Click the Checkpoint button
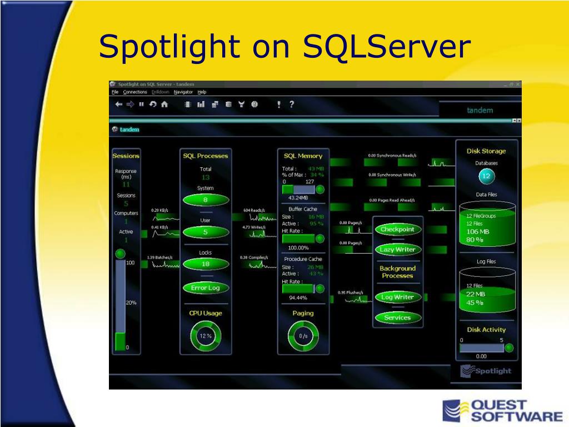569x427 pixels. (x=397, y=229)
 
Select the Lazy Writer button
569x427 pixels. (x=397, y=250)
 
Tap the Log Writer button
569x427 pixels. (x=397, y=297)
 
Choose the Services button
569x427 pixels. (x=397, y=317)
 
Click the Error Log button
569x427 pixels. (x=206, y=288)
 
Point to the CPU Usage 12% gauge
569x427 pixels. (x=206, y=336)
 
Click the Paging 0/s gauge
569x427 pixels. (x=303, y=336)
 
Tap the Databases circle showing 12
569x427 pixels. (x=486, y=177)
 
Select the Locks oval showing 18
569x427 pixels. (x=206, y=264)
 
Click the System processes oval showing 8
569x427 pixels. (x=206, y=200)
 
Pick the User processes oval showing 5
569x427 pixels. (x=206, y=232)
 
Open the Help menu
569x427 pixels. (x=202, y=92)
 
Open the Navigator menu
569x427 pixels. (x=183, y=92)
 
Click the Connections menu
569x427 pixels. (x=135, y=92)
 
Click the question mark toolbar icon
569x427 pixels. (x=292, y=104)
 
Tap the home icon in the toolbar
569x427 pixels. (x=164, y=104)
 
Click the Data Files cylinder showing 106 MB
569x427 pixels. (x=486, y=228)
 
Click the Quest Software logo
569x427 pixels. (x=502, y=411)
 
